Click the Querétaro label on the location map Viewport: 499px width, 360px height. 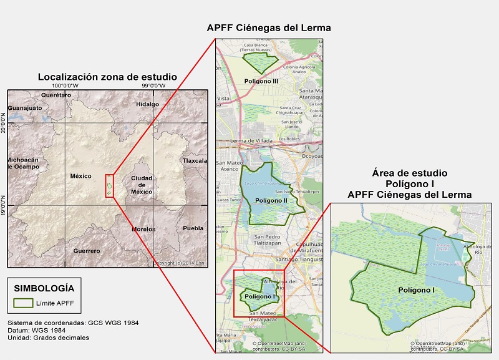coord(57,94)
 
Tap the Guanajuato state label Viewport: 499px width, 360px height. coord(25,108)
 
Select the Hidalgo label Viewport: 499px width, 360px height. coord(147,104)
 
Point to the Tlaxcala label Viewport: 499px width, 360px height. coord(194,160)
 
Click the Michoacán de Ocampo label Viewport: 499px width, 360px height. coord(23,163)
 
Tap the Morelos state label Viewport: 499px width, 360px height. coord(143,229)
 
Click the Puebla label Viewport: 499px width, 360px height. coord(193,228)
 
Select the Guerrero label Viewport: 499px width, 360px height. coord(86,251)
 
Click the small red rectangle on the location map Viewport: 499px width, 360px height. coord(109,187)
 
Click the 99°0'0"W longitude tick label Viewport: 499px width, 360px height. coord(153,85)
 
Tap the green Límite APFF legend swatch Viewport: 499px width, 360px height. coord(24,303)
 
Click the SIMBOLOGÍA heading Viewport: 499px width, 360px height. coord(43,288)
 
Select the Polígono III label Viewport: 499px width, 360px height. coord(261,81)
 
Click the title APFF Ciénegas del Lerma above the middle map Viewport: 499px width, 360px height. coord(269,28)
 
